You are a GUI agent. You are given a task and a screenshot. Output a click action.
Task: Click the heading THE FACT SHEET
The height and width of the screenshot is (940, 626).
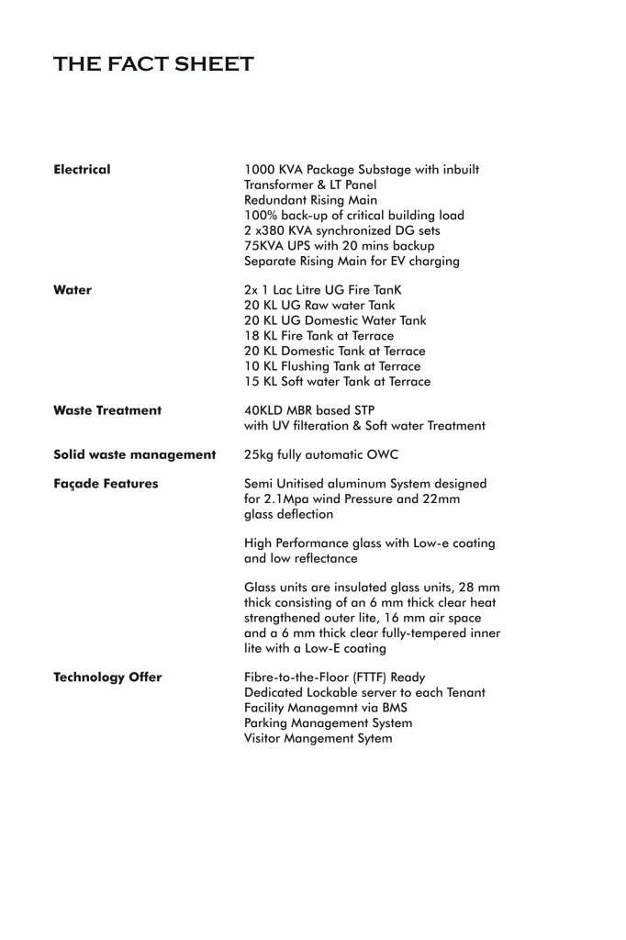153,64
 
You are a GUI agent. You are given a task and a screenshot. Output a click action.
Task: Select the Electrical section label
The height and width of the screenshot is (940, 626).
82,170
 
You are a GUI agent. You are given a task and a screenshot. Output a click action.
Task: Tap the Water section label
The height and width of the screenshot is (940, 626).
73,290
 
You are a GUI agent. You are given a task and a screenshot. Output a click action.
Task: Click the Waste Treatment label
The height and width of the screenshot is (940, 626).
106,410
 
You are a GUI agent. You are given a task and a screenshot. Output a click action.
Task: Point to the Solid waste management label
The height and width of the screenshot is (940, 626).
134,454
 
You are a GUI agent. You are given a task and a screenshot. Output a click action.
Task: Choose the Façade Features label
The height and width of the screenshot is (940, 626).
106,484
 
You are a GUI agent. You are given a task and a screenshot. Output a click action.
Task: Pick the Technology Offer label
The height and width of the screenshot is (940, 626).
107,677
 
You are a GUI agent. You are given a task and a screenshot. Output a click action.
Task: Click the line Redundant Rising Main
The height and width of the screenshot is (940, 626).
310,200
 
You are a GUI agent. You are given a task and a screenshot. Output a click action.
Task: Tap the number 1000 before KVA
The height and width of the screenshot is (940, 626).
259,170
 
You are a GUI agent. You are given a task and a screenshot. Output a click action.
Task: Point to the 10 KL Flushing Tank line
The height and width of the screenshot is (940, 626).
332,366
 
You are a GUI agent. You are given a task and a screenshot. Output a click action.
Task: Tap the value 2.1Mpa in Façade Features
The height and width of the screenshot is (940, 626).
284,499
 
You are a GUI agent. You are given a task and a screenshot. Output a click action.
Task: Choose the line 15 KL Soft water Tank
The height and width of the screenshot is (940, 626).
337,381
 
